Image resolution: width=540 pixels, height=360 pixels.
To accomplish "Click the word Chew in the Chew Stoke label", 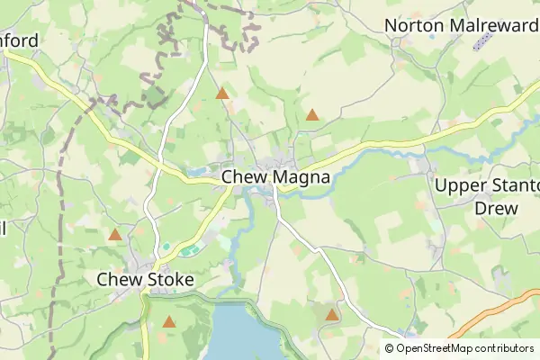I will [119, 280].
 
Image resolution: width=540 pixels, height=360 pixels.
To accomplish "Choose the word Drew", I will [496, 208].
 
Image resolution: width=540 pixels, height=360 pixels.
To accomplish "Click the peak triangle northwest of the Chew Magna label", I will [222, 93].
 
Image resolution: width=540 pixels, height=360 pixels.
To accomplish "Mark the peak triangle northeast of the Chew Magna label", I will [311, 114].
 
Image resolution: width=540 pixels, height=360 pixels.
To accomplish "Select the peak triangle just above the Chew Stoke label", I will [115, 235].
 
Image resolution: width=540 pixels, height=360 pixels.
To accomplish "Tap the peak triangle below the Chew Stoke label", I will [169, 321].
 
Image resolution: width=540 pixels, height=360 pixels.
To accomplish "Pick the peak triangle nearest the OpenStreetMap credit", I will [332, 315].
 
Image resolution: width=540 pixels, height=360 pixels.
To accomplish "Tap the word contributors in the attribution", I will [505, 348].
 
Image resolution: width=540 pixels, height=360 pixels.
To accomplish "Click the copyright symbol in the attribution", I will [390, 348].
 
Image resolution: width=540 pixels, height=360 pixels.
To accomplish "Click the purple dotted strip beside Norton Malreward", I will [483, 40].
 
